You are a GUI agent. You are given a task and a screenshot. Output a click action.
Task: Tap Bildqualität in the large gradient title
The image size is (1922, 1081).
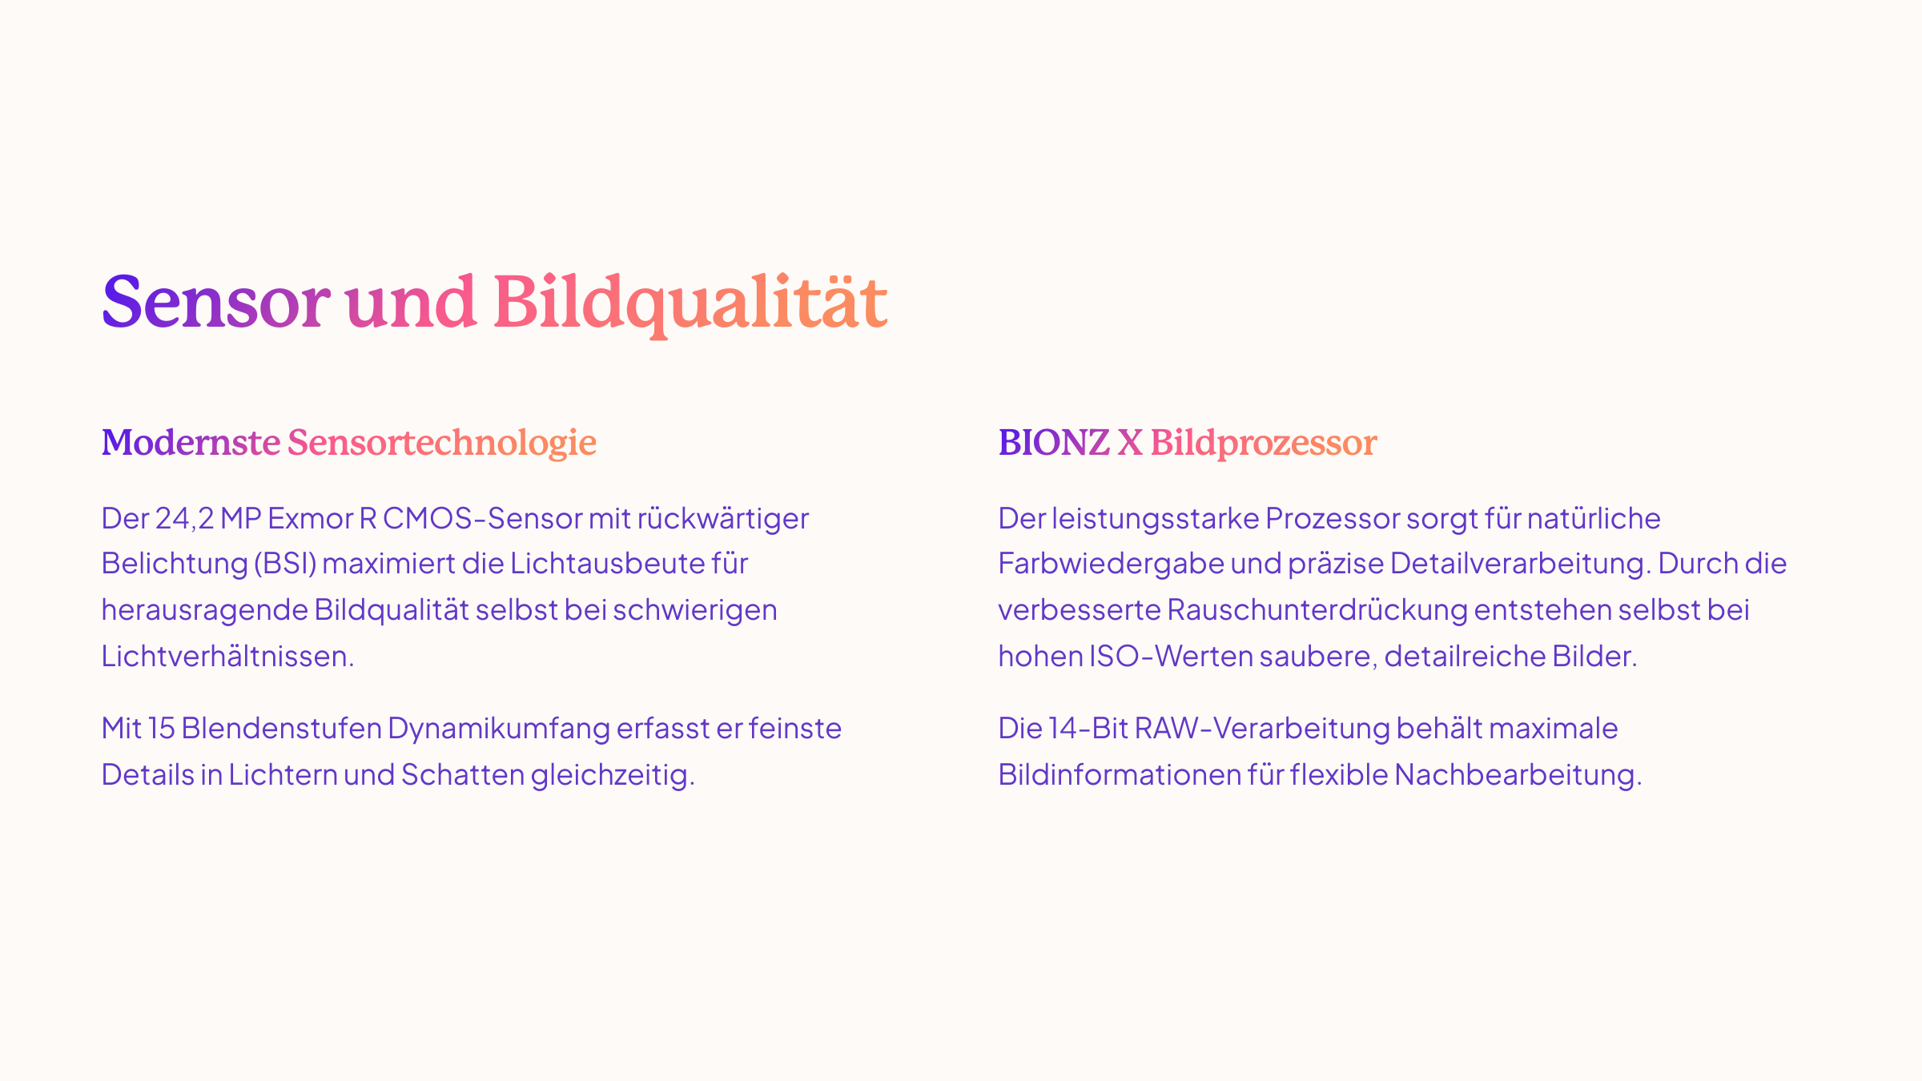(690, 304)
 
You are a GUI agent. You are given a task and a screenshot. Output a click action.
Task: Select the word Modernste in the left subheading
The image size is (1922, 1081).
(191, 443)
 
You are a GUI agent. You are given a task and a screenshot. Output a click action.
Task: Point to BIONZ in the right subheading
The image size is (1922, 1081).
(1054, 443)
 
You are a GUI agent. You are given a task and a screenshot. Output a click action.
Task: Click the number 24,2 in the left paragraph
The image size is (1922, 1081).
(184, 519)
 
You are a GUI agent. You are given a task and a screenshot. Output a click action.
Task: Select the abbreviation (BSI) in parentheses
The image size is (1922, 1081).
(286, 565)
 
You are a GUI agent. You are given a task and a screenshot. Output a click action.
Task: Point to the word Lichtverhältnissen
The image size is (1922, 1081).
(227, 657)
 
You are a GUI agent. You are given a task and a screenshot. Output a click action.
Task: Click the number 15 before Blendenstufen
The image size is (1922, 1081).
(161, 729)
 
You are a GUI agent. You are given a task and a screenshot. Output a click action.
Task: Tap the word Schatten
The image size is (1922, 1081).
(463, 775)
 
